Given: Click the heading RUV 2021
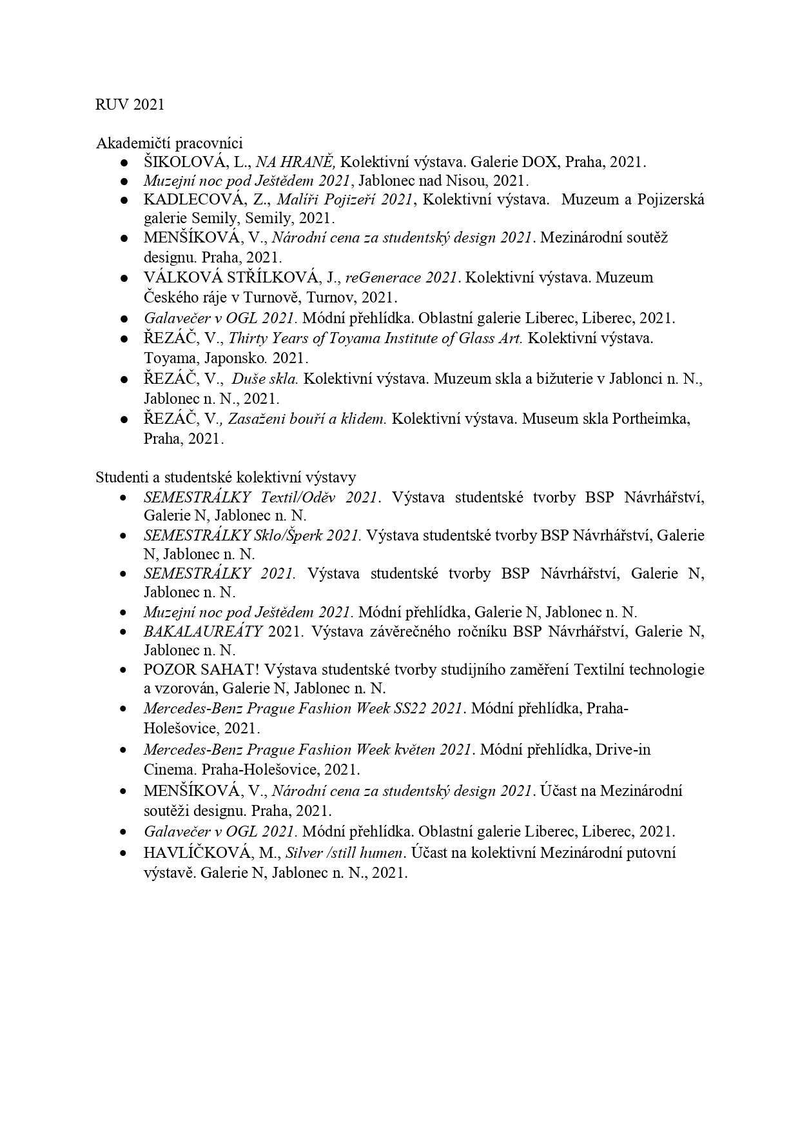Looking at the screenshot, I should pyautogui.click(x=130, y=104).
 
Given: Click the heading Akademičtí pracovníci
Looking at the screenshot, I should pyautogui.click(x=169, y=143).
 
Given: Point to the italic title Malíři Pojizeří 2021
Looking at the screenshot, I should pyautogui.click(x=344, y=199).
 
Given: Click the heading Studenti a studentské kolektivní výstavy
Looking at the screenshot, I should pyautogui.click(x=226, y=477).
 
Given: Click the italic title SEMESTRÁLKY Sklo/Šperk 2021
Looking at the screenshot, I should pyautogui.click(x=252, y=535).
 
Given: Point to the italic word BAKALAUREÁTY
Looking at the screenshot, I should pyautogui.click(x=203, y=631).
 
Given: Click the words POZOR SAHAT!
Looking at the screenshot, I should pyautogui.click(x=200, y=670).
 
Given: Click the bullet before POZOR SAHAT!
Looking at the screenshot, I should pyautogui.click(x=122, y=670).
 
